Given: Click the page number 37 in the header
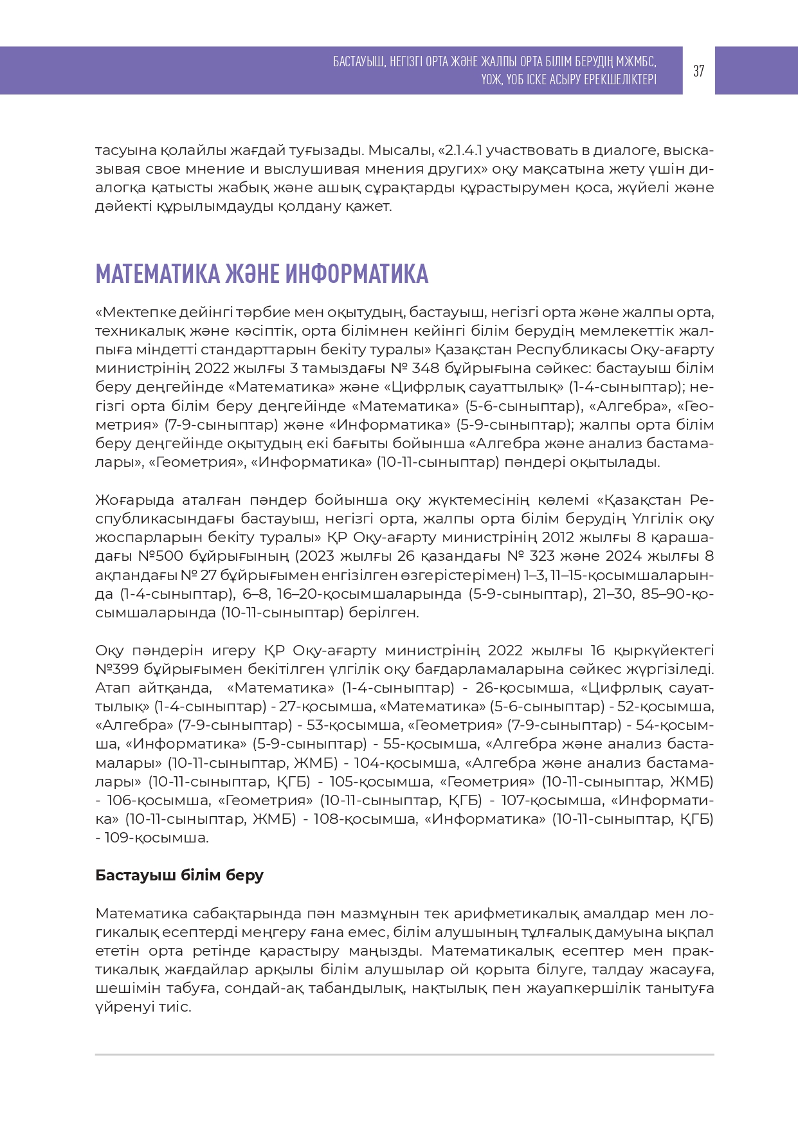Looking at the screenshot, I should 698,71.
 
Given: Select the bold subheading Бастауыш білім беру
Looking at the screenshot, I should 179,875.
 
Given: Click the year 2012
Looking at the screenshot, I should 559,537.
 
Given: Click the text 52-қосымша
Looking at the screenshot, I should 665,707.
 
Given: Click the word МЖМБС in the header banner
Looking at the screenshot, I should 636,62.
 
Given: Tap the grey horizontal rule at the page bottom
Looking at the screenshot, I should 404,1055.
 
